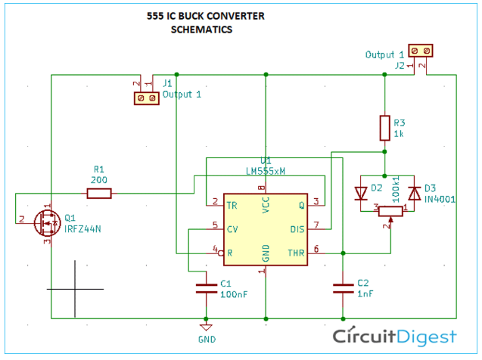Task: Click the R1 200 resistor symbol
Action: (x=99, y=194)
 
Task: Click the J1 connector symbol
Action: (x=146, y=98)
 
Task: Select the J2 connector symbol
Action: (x=421, y=51)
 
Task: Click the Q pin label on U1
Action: (x=302, y=204)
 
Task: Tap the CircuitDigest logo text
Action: (x=395, y=336)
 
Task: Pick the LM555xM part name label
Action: (x=266, y=171)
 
